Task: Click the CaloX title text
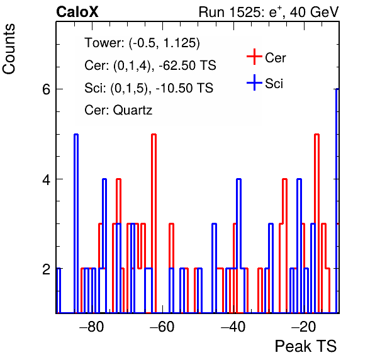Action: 77,12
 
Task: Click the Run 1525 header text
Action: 269,12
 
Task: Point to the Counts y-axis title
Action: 9,49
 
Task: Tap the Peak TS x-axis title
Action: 306,346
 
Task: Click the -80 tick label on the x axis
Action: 92,327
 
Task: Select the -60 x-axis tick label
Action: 162,327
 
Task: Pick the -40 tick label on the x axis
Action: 233,327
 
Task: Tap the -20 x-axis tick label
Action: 303,327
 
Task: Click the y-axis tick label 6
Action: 46,89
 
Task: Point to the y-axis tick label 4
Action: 46,179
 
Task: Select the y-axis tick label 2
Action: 46,269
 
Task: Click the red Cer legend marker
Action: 254,57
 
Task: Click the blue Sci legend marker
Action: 254,82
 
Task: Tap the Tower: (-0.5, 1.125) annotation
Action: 142,43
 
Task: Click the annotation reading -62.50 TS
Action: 187,65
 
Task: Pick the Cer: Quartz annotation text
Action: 118,110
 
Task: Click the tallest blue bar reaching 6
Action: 337,201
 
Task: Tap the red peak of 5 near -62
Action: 154,223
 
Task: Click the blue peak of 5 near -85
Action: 76,223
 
